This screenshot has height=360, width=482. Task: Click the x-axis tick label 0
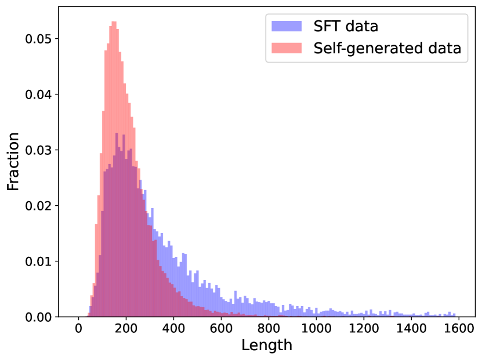[79, 329]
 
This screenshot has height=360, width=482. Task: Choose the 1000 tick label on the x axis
[316, 329]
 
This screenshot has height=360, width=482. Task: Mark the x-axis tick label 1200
[364, 329]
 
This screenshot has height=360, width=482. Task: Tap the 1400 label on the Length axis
[411, 329]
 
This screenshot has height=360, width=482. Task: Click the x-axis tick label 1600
[459, 329]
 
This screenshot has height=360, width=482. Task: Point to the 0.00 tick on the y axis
[39, 317]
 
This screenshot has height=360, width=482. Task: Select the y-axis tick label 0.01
[39, 261]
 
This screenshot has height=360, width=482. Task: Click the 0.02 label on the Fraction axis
[39, 206]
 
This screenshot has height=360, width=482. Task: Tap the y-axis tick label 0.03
[39, 150]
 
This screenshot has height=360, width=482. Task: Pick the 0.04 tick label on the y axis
[39, 94]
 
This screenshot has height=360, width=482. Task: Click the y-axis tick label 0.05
[39, 39]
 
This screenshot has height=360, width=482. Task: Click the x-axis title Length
[267, 346]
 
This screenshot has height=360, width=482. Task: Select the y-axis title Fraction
[13, 161]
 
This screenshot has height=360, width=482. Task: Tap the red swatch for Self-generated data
[287, 49]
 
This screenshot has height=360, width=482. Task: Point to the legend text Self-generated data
[387, 49]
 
